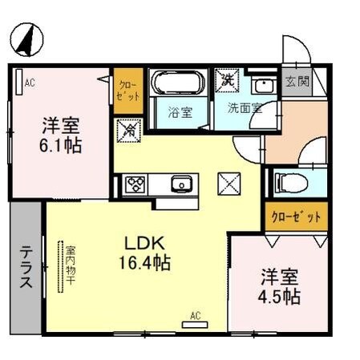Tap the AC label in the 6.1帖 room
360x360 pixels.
click(29, 82)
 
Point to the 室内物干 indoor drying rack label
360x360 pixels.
click(70, 265)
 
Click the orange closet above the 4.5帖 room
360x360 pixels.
click(296, 216)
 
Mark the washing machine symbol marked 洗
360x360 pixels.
click(229, 81)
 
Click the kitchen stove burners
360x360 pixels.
click(134, 185)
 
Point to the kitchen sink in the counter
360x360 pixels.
click(183, 185)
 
